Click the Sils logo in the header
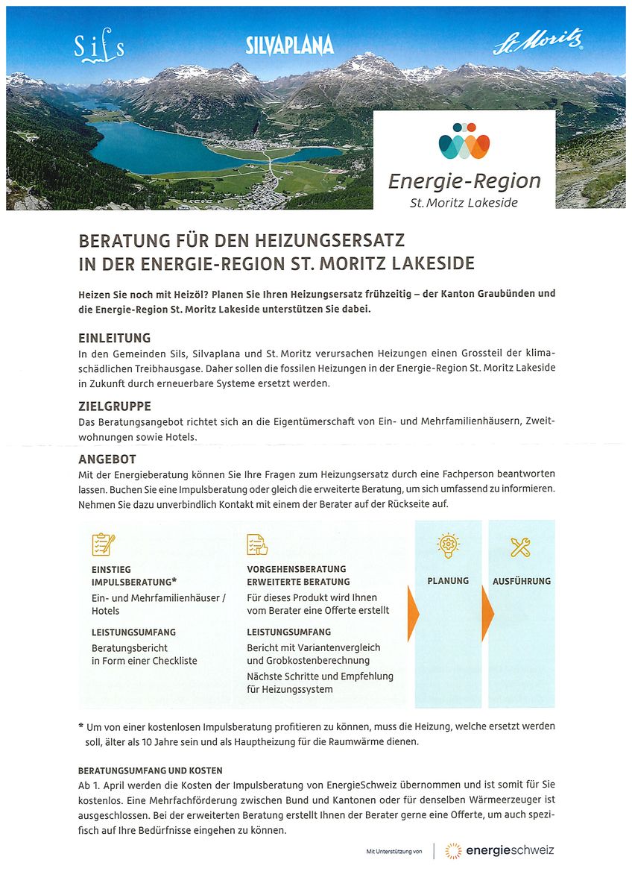(x=98, y=49)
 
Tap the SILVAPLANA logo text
(x=290, y=46)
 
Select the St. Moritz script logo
(x=537, y=43)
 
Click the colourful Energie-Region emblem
(x=464, y=141)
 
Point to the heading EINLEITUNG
(x=114, y=338)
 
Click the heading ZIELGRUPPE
(x=115, y=406)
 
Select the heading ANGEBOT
(x=107, y=459)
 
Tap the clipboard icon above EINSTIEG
(x=103, y=544)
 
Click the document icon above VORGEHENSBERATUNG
(x=257, y=545)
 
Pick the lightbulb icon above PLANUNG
(x=448, y=545)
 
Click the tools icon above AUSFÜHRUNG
(x=521, y=547)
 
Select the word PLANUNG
(x=448, y=581)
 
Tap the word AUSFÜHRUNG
(x=522, y=581)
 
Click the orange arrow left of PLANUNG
(x=413, y=613)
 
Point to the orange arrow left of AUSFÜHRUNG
(x=487, y=613)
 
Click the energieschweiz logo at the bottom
(x=499, y=850)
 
